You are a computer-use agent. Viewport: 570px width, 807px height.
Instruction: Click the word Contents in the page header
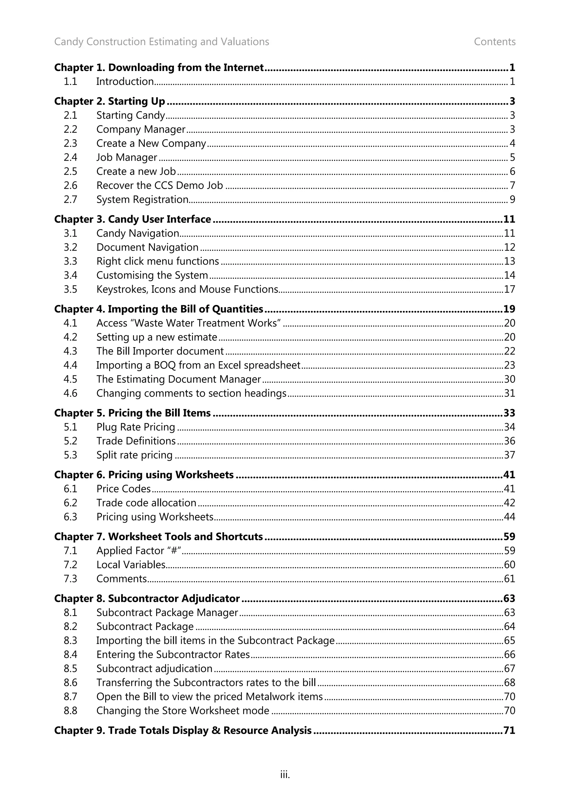pos(495,42)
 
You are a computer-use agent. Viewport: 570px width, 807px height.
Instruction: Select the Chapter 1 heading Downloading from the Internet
pos(159,67)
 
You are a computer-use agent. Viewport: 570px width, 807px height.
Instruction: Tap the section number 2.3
pos(70,143)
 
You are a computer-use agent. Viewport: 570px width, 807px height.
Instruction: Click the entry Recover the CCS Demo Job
pos(159,185)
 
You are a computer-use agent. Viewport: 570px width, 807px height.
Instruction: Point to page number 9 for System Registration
pos(512,200)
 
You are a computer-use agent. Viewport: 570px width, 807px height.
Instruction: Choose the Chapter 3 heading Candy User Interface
pos(132,219)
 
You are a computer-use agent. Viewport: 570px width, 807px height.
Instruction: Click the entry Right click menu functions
pos(158,261)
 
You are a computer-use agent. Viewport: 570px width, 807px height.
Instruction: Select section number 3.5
pos(70,290)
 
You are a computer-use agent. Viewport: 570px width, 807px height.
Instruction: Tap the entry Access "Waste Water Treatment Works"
pos(188,323)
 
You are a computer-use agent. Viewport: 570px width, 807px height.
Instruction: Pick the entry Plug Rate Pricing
pos(136,427)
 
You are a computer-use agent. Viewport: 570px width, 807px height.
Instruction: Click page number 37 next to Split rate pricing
pos(509,455)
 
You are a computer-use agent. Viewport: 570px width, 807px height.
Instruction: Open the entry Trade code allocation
pos(146,503)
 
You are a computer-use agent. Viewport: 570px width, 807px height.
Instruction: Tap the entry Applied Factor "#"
pos(139,551)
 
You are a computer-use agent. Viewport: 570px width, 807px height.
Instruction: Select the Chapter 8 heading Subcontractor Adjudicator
pos(147,599)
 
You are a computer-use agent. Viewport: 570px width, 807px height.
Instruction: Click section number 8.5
pos(70,669)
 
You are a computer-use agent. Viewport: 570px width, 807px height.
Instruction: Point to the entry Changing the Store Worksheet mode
pos(183,711)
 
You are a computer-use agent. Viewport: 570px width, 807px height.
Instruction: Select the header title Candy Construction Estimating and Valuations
pos(161,42)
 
